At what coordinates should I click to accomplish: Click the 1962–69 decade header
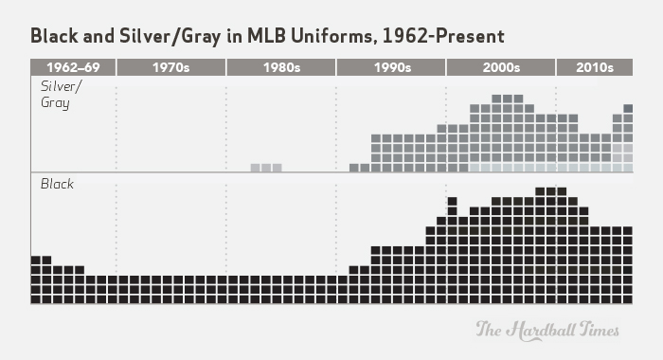coord(73,67)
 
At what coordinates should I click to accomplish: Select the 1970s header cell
coord(170,67)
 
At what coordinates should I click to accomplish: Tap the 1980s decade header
coord(281,67)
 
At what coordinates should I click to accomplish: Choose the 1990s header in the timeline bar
coord(391,67)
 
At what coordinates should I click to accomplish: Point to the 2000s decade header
coord(500,67)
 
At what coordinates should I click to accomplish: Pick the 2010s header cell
coord(595,67)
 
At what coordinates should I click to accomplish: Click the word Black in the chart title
coord(55,36)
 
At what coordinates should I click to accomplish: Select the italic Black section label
coord(56,184)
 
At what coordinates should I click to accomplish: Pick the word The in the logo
coord(488,330)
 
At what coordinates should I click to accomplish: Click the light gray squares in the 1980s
coord(266,168)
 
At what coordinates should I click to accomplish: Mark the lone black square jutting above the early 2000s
coord(452,201)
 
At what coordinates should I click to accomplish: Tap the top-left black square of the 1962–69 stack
coord(36,259)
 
